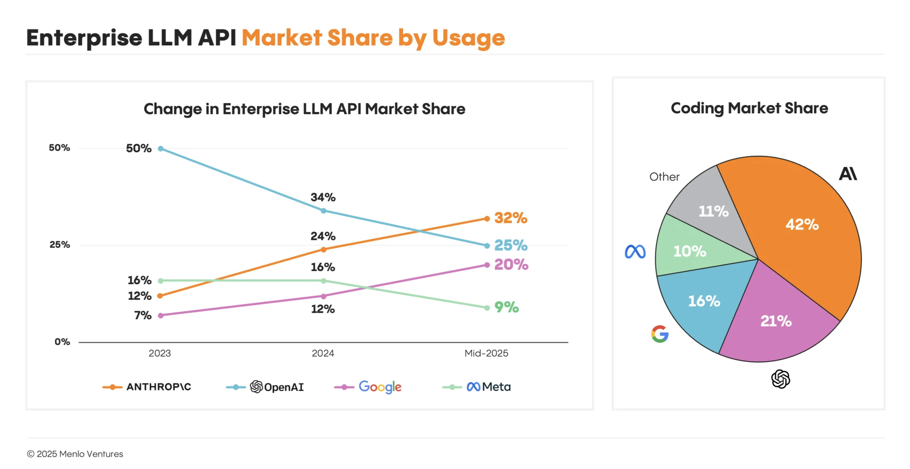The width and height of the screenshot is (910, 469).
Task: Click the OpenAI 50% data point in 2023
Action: point(161,149)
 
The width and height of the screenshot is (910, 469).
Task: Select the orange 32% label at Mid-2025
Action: point(511,218)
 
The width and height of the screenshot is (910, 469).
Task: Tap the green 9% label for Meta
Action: point(507,307)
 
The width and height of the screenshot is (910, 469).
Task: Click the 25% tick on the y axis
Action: point(60,245)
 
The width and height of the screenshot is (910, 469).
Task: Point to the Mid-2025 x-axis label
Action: point(486,353)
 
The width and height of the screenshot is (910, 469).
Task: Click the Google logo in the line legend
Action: point(380,387)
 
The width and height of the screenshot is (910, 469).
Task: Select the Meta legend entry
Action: point(488,387)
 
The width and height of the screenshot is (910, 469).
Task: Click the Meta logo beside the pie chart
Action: point(635,252)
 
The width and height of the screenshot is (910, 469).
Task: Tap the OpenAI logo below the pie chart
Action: point(780,379)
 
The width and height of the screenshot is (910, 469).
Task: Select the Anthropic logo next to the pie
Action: point(848,174)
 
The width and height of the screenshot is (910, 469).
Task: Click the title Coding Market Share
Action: point(749,108)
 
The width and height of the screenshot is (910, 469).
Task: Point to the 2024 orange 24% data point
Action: point(323,250)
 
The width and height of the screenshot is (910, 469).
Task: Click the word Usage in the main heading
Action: point(468,38)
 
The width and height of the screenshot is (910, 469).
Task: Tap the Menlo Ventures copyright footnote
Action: point(75,454)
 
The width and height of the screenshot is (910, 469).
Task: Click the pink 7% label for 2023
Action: point(143,315)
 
